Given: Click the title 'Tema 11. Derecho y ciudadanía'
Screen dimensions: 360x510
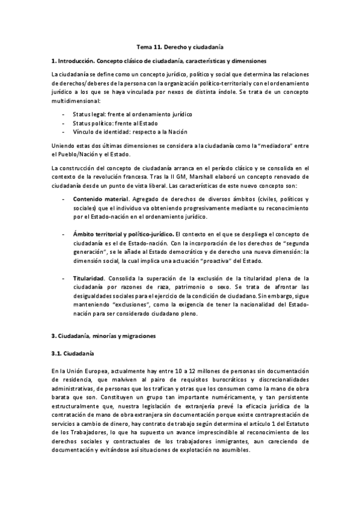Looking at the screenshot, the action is click(180, 46).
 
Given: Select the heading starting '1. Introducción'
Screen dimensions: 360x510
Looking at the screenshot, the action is click(160, 61).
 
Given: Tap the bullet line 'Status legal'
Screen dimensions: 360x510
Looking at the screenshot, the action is click(133, 114).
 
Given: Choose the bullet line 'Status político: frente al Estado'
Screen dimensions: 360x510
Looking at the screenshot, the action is click(121, 123).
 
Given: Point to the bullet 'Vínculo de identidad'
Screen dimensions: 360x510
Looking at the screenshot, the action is click(130, 132).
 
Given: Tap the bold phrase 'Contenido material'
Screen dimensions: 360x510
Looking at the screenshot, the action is click(100, 199).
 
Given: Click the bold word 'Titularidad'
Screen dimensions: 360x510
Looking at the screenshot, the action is click(88, 278).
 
